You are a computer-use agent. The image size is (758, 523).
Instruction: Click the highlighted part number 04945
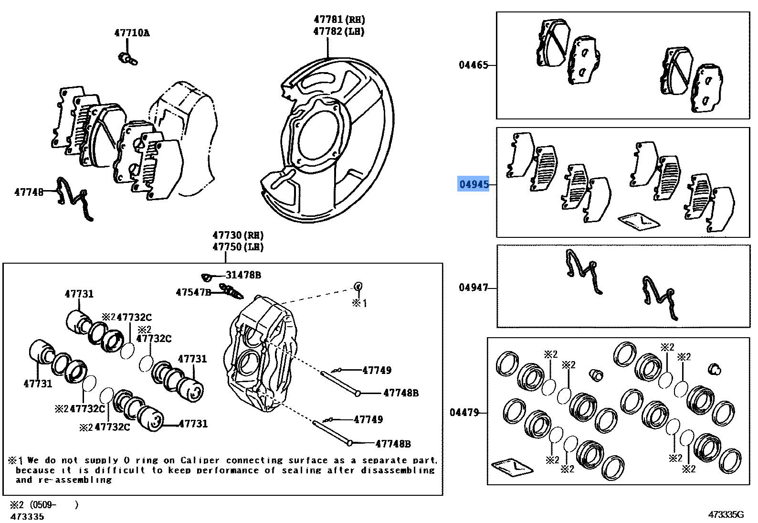[474, 184]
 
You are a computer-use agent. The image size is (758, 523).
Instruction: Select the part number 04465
[474, 65]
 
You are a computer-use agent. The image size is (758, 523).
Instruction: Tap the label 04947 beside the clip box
[474, 288]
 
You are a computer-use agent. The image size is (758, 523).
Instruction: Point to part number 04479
[464, 412]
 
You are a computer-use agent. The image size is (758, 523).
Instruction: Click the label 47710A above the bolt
[132, 33]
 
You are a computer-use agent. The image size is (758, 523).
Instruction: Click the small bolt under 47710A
[127, 58]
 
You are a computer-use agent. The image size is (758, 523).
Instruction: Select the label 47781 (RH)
[339, 20]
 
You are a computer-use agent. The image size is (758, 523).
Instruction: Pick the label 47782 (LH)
[339, 32]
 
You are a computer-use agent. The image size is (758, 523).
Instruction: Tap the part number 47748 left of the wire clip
[29, 192]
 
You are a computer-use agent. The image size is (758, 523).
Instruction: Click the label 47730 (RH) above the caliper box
[238, 235]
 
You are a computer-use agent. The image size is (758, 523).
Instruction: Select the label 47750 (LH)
[238, 247]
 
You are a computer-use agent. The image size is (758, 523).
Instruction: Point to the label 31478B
[243, 275]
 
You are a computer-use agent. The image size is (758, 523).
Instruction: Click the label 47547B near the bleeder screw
[193, 292]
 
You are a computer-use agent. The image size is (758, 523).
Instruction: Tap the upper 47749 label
[377, 370]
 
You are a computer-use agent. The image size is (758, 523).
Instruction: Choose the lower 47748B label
[393, 444]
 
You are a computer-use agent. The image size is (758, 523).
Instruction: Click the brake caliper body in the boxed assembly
[260, 353]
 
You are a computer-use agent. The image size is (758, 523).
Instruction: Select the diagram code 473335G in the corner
[726, 514]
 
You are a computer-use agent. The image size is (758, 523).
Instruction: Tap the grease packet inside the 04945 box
[639, 220]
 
